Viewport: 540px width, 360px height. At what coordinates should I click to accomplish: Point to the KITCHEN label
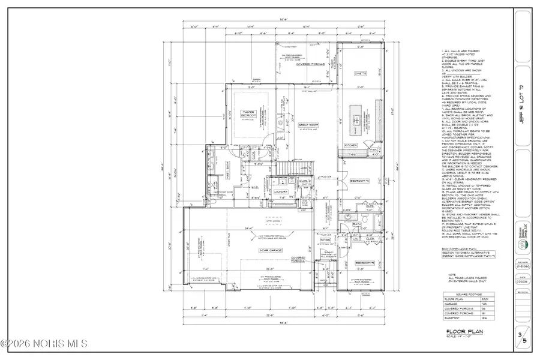tap(351, 145)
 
